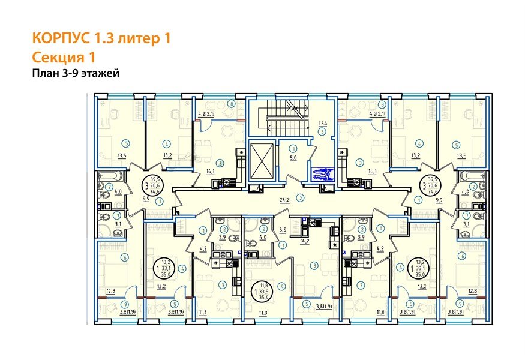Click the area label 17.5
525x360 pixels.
pyautogui.click(x=322, y=123)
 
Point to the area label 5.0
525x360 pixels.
pyautogui.click(x=292, y=159)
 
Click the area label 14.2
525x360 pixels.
pyautogui.click(x=304, y=241)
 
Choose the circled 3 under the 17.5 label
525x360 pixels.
pyautogui.click(x=322, y=131)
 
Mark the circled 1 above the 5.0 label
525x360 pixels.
pyautogui.click(x=292, y=149)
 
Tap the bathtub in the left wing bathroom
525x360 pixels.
pyautogui.click(x=110, y=178)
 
